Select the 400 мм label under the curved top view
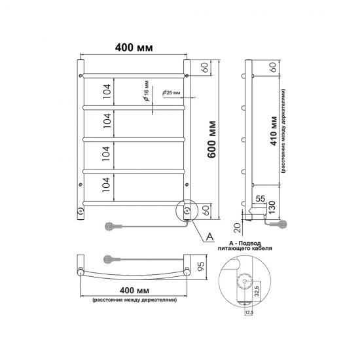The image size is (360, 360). pyautogui.click(x=132, y=290)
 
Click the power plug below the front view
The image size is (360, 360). pyautogui.click(x=111, y=226)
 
